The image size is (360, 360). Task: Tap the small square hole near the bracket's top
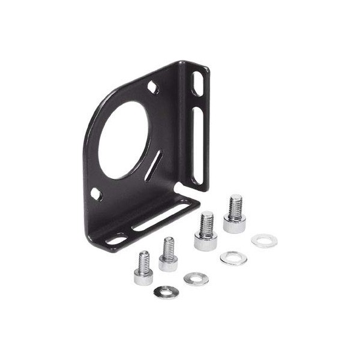click(x=153, y=88)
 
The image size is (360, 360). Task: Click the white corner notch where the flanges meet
click(x=182, y=191)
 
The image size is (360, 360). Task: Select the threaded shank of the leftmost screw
click(x=143, y=260)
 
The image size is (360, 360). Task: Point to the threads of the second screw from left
click(x=169, y=247)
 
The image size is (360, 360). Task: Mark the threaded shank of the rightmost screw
click(x=235, y=205)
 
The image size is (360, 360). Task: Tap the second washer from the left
click(x=196, y=279)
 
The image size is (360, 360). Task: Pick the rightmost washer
click(x=264, y=241)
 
